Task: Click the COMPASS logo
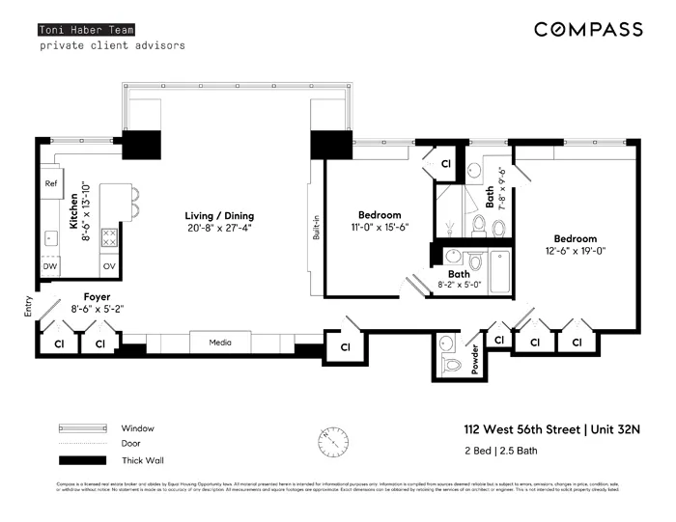click(588, 30)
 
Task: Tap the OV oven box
click(109, 265)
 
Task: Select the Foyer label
click(97, 297)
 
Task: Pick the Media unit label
click(220, 342)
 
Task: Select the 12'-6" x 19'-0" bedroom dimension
click(575, 252)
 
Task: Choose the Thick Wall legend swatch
click(82, 459)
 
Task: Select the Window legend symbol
click(82, 428)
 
